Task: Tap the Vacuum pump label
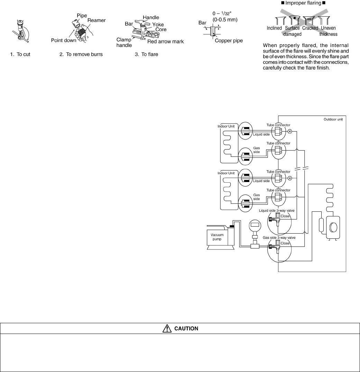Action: [217, 237]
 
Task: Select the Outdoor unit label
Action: [333, 119]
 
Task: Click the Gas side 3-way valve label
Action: [279, 238]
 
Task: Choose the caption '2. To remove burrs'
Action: [81, 54]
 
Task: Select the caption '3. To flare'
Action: [146, 54]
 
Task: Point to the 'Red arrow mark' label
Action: [165, 42]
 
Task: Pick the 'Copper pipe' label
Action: [229, 41]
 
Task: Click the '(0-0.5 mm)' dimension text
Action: [225, 20]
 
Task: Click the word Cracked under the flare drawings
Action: [310, 28]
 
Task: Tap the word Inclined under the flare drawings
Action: [274, 28]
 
